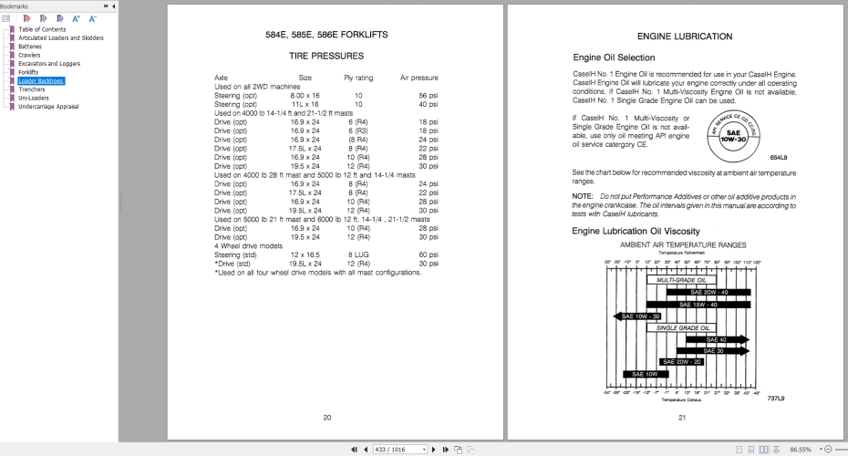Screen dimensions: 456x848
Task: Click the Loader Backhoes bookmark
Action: tap(41, 80)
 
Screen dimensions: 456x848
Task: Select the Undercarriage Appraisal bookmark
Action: tap(48, 106)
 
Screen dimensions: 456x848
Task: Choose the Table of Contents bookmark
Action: tap(42, 29)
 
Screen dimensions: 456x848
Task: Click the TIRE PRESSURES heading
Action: tap(326, 56)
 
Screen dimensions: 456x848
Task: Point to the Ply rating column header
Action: tap(357, 78)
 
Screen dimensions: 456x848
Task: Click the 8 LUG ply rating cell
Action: tap(358, 255)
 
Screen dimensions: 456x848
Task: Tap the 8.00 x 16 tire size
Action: tap(305, 95)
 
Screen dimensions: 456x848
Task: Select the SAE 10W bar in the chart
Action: tap(645, 374)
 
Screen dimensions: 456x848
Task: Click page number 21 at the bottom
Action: tap(681, 418)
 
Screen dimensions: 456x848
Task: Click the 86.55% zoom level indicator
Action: tap(801, 450)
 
